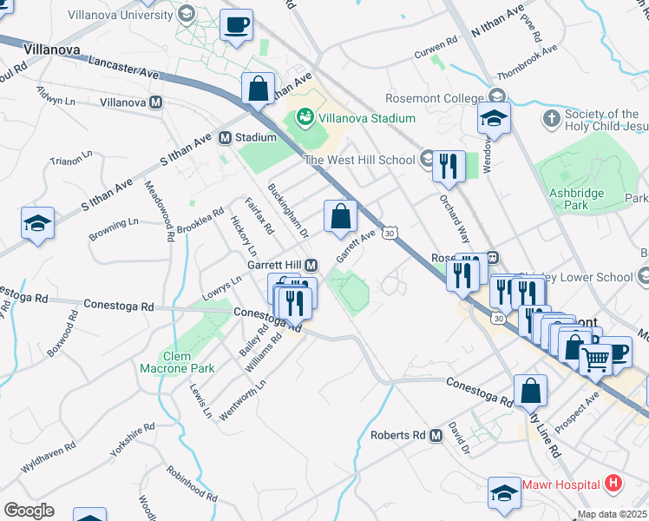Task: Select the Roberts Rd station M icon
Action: point(436,435)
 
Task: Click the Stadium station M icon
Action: point(225,137)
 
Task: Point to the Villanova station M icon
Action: point(156,102)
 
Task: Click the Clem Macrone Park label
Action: point(177,362)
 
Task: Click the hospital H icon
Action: point(613,484)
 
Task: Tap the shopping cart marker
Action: point(595,358)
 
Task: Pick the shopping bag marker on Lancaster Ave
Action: point(259,89)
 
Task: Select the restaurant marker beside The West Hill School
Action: point(449,166)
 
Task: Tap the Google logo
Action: point(29,511)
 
